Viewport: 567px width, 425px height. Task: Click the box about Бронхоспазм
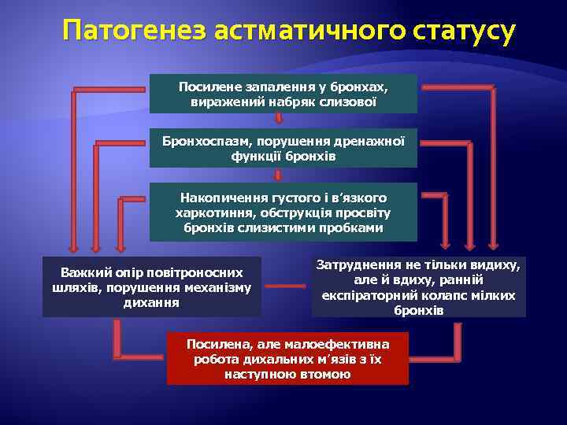coord(283,148)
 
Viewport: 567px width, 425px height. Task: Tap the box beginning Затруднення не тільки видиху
coord(418,287)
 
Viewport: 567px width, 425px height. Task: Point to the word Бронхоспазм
coord(202,141)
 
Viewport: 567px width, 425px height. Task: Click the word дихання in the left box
coord(152,302)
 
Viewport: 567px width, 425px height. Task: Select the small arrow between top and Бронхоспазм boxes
coord(278,118)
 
